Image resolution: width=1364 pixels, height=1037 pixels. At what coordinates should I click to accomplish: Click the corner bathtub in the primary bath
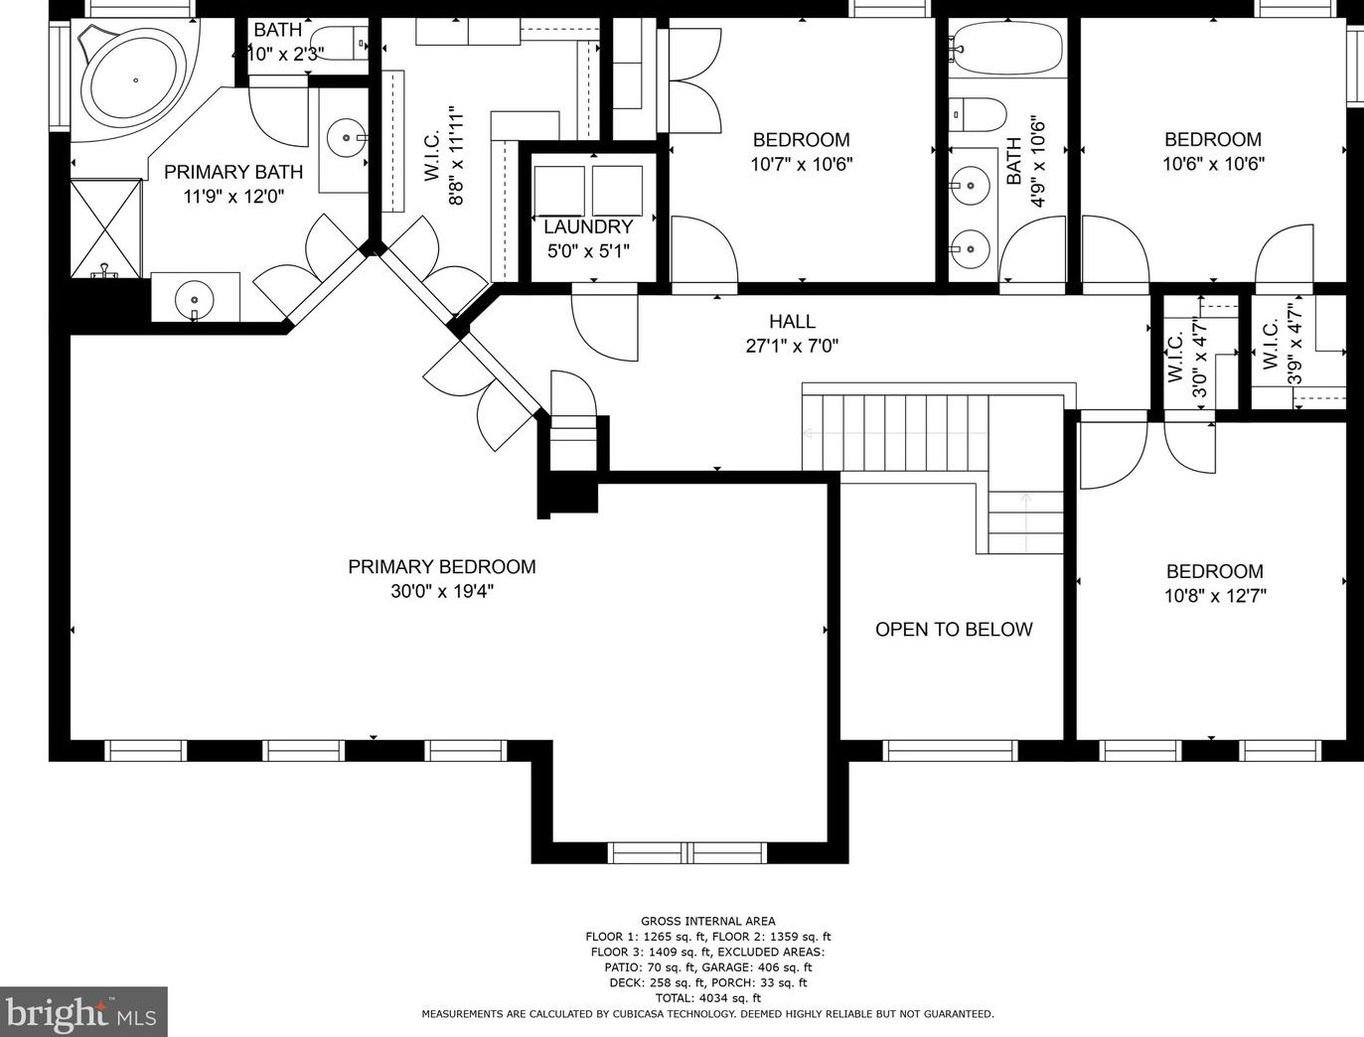[135, 80]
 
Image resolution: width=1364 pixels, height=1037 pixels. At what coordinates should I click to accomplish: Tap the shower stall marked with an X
[106, 228]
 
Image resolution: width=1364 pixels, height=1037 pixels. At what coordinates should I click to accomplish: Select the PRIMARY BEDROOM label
[442, 566]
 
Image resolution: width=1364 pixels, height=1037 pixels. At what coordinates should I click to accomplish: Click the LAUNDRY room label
[588, 226]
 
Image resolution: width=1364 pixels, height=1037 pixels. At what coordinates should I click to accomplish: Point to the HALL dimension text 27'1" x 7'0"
[793, 346]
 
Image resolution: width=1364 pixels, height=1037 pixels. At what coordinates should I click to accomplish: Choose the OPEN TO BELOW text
[954, 630]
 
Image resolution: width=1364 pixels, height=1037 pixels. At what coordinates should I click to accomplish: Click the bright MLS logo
[83, 1011]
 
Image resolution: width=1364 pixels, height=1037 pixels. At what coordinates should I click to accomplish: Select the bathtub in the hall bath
[1006, 48]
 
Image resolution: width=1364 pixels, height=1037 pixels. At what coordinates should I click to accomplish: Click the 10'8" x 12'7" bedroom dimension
[1215, 596]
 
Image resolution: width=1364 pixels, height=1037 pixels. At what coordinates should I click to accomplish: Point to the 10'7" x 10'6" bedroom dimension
[802, 164]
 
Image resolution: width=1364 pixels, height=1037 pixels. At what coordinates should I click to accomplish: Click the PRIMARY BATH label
[233, 172]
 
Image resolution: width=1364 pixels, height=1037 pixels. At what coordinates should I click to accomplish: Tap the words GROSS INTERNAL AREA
[707, 922]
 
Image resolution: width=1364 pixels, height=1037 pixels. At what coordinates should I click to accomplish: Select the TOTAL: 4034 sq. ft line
[707, 998]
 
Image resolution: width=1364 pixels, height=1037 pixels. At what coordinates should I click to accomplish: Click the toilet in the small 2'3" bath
[338, 43]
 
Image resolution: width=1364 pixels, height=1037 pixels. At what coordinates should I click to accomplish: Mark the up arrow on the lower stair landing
[1026, 521]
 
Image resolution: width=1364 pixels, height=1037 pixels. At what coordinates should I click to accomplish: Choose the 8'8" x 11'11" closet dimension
[456, 155]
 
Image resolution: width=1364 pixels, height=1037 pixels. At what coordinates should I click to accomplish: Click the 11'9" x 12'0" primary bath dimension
[233, 197]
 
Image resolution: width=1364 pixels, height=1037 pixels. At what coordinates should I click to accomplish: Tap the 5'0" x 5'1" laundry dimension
[588, 251]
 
